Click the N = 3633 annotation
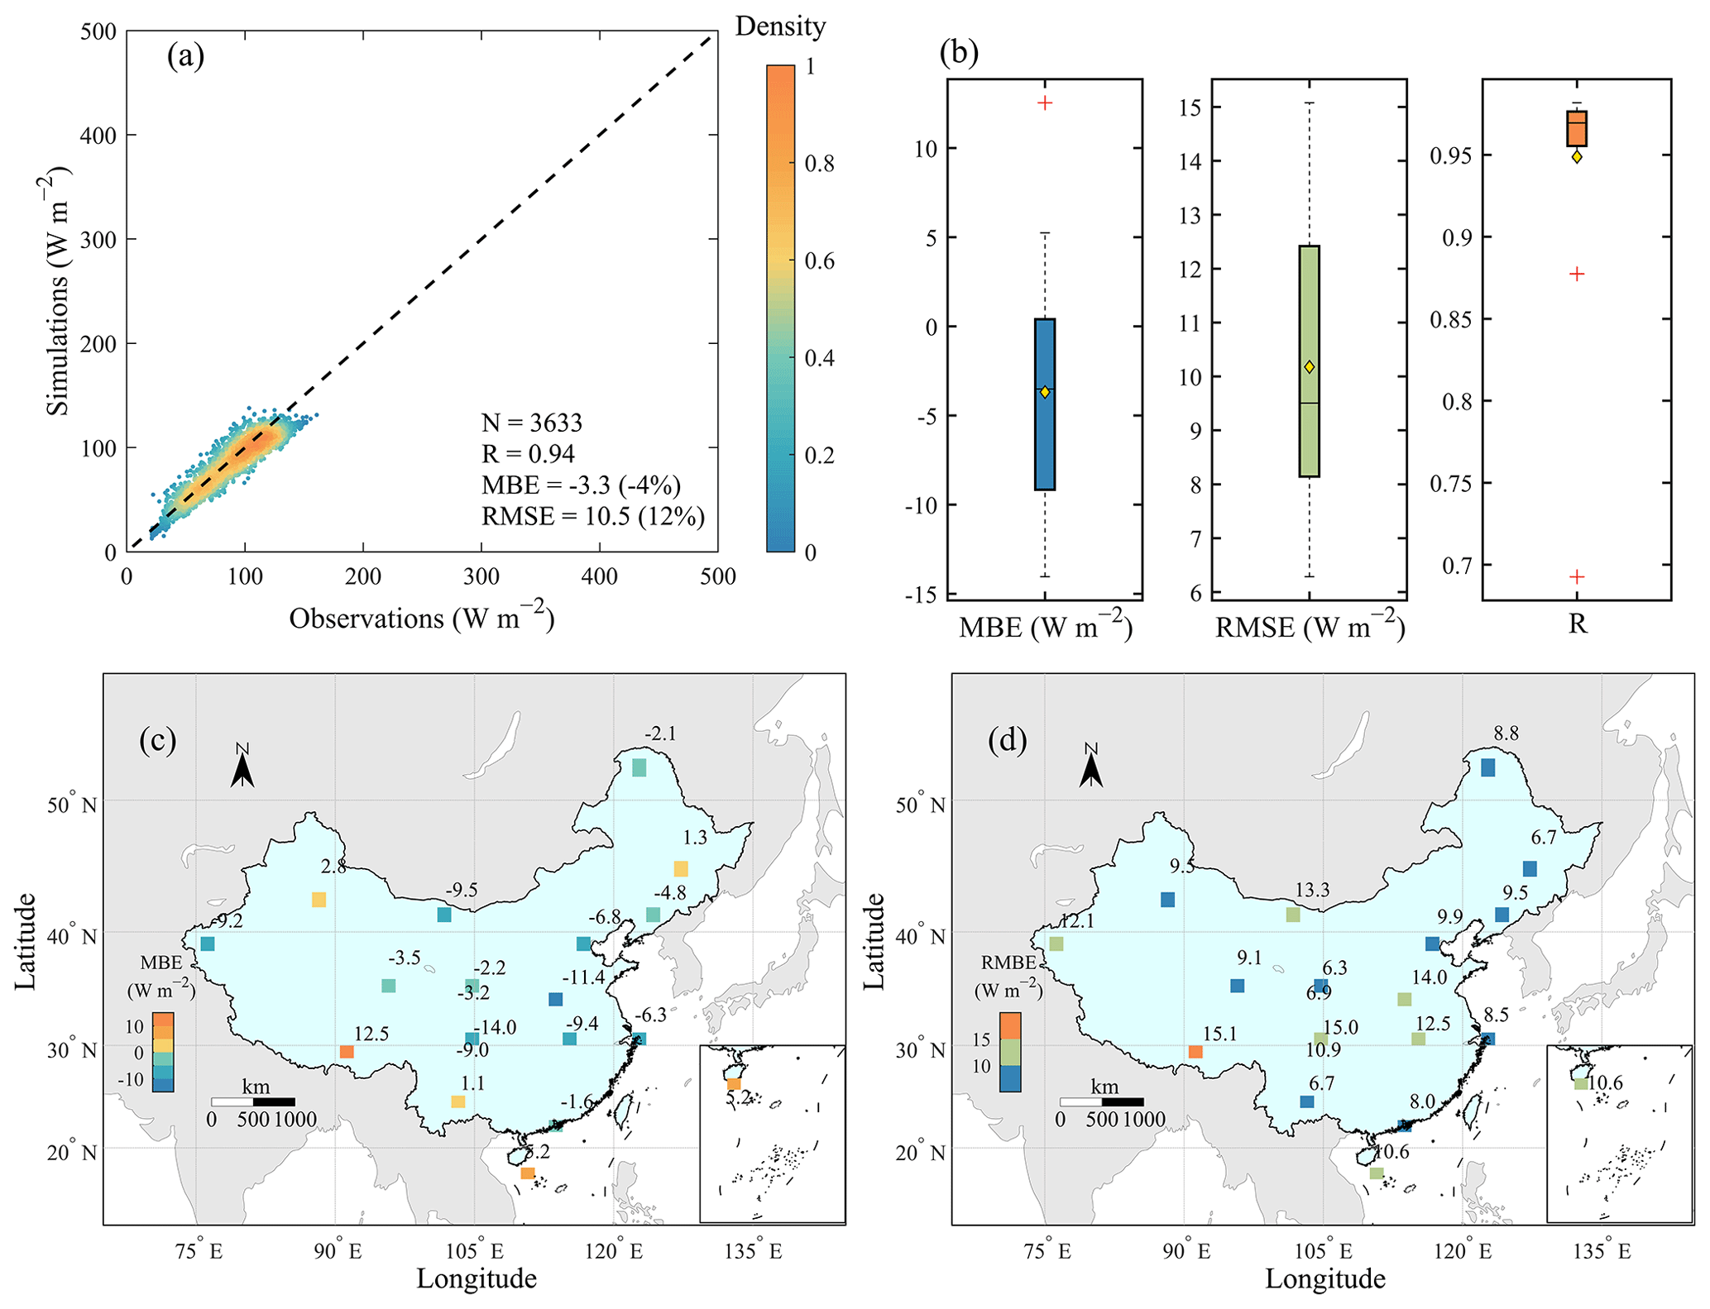point(532,423)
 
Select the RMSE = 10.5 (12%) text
point(593,516)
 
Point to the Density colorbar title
point(780,26)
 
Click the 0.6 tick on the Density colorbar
point(819,260)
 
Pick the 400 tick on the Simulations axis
point(98,135)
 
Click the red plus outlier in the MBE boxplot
point(1045,103)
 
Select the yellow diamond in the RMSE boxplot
point(1309,366)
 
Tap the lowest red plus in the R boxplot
point(1577,576)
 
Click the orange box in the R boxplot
point(1577,129)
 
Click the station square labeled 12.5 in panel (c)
point(347,1052)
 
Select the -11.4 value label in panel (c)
point(583,977)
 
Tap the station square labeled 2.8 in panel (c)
point(319,900)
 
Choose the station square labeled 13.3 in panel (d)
point(1293,915)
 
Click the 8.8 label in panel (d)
point(1506,733)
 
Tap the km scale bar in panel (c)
point(253,1101)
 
